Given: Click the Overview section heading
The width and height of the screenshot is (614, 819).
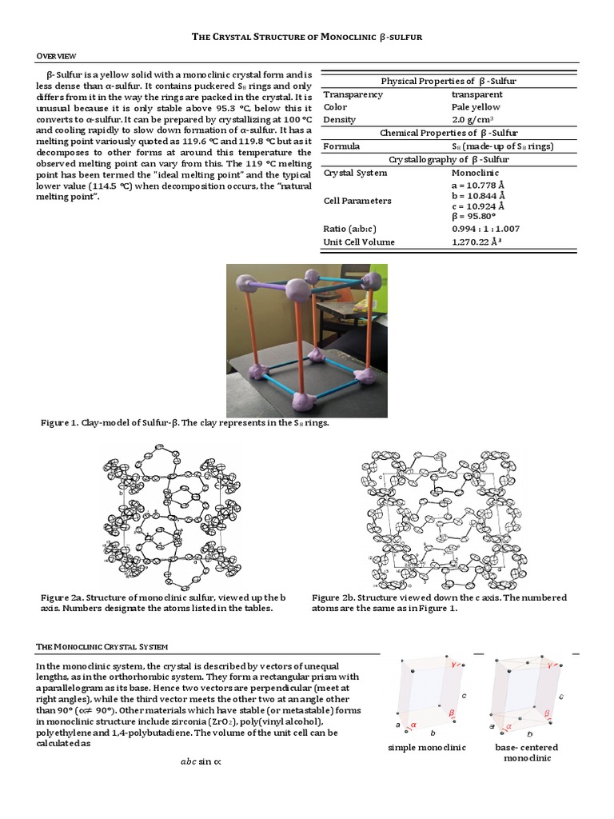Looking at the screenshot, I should click(x=56, y=55).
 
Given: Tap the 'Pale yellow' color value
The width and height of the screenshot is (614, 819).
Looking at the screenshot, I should click(x=476, y=107).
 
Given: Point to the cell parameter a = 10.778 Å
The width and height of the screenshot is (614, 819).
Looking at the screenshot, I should click(x=478, y=185).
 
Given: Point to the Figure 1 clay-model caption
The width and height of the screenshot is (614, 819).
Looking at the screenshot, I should click(x=185, y=423).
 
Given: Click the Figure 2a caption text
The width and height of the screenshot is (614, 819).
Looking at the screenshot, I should click(x=159, y=603).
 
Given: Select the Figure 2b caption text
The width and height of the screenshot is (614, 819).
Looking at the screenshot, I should click(x=439, y=603).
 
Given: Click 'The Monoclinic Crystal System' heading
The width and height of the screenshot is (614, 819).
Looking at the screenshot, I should click(x=102, y=645).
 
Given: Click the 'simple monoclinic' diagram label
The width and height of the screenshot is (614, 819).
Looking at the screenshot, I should click(x=426, y=747).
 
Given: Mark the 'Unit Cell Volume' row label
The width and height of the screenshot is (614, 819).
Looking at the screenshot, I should click(x=358, y=242).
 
